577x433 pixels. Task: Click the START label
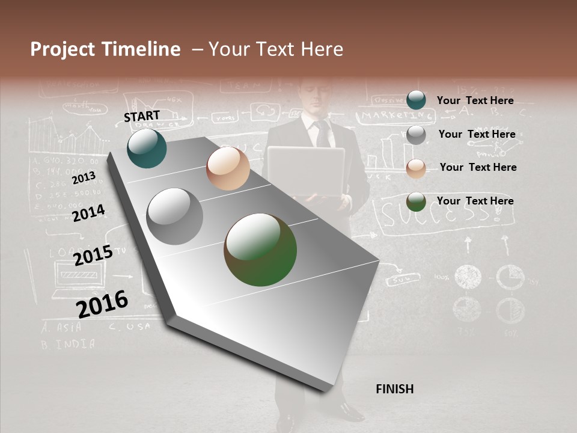coord(142,116)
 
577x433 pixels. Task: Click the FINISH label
coord(394,389)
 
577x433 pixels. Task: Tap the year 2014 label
coord(88,213)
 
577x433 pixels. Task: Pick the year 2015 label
coord(93,255)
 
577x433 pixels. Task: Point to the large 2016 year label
coord(102,304)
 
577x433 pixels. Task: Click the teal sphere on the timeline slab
coord(147,149)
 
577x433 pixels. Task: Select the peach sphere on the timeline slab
coord(228,168)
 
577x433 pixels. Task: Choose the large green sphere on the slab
coord(260,250)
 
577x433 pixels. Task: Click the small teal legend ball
coord(416,100)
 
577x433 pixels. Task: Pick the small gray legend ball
coord(416,135)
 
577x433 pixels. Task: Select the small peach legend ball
coord(416,168)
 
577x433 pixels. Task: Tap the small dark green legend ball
coord(416,201)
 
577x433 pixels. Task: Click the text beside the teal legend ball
coord(475,100)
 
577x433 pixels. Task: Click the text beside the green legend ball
coord(475,201)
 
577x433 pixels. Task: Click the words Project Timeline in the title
coord(105,49)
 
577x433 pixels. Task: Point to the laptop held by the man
coord(306,171)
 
